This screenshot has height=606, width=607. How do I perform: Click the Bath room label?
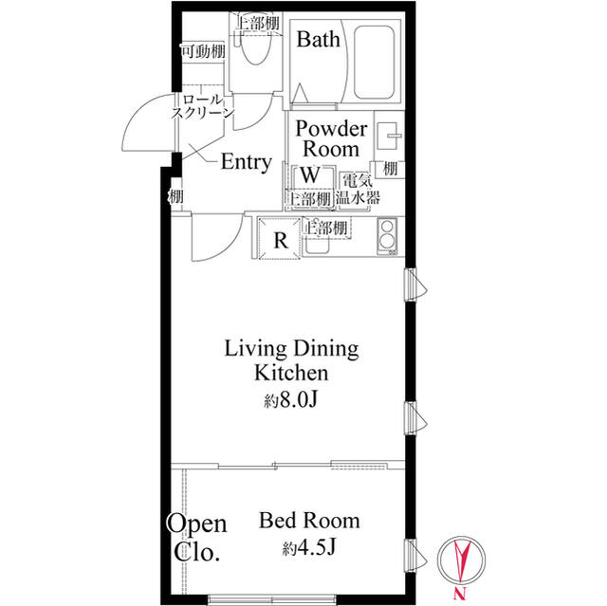[319, 40]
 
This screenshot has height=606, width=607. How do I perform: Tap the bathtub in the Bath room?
[375, 63]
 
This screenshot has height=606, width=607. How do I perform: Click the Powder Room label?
[331, 138]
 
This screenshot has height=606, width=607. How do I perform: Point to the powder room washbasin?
[388, 136]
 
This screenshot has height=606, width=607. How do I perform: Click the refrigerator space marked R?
[280, 238]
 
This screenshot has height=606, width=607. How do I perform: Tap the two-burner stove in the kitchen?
[387, 236]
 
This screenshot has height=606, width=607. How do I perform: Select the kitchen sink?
[316, 245]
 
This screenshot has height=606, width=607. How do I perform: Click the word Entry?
[247, 162]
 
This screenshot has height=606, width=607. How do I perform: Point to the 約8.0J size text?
[291, 401]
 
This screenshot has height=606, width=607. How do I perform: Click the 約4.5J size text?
[308, 547]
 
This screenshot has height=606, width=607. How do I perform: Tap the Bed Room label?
[309, 521]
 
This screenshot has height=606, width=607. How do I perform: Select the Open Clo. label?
[197, 538]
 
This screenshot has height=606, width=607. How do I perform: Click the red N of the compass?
[459, 594]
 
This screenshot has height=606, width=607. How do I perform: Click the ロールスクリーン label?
[203, 106]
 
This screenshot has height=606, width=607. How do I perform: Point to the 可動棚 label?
[203, 50]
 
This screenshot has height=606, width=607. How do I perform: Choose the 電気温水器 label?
[358, 190]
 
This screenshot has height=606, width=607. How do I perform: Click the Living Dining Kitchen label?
[291, 360]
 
